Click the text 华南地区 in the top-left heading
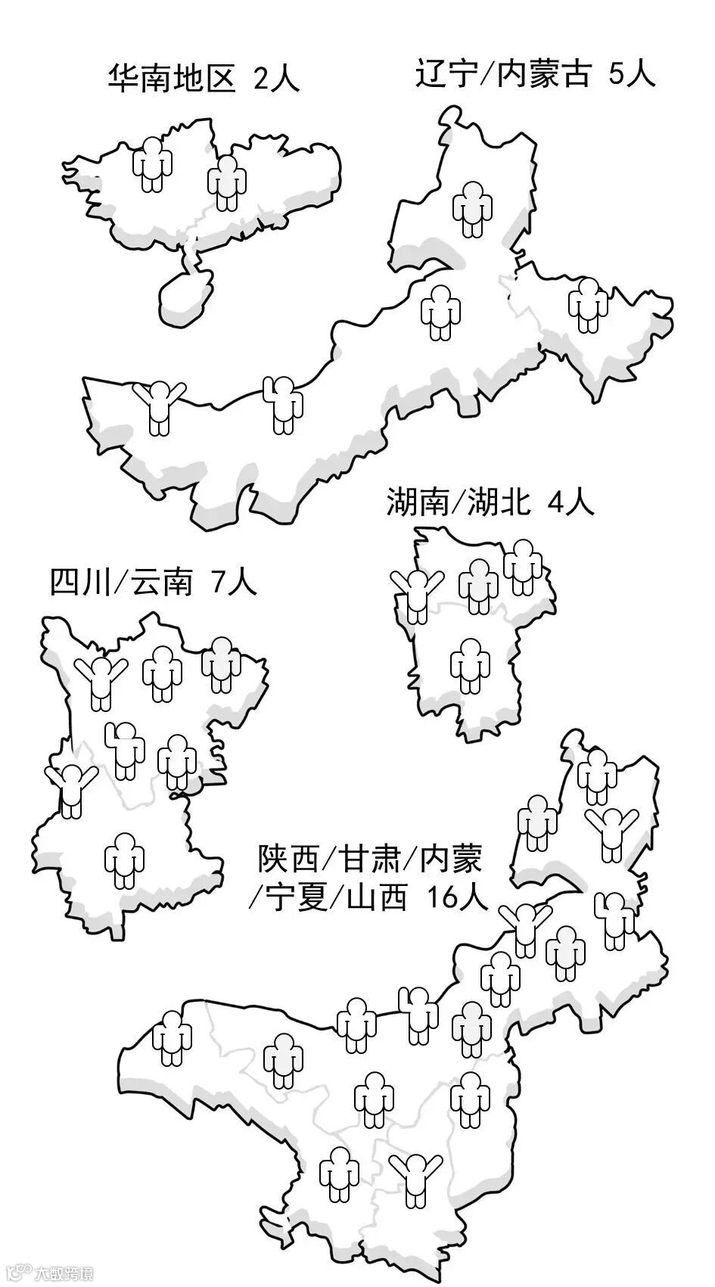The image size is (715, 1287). [173, 78]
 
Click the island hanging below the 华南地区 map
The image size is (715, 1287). [184, 296]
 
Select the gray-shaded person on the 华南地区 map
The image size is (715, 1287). [227, 182]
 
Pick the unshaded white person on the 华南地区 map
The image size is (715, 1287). [152, 163]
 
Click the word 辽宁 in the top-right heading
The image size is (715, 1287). [443, 74]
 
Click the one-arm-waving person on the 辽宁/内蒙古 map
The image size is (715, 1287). [283, 404]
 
